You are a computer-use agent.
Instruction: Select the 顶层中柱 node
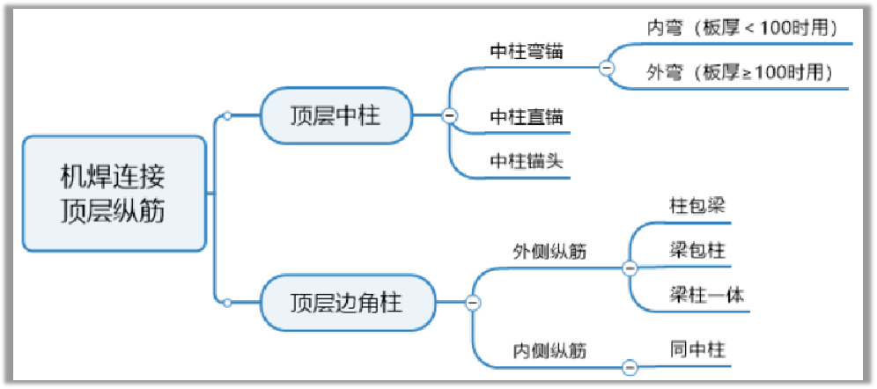(x=335, y=115)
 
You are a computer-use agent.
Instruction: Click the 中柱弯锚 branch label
(x=527, y=51)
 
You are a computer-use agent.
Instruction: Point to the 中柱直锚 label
(x=527, y=116)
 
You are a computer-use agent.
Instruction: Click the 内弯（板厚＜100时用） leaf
(x=740, y=27)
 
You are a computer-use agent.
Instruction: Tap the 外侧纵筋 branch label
(x=551, y=252)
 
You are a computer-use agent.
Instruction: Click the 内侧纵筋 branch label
(x=551, y=350)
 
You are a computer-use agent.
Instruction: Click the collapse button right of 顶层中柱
(x=448, y=115)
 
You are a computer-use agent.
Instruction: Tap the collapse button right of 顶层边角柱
(x=472, y=304)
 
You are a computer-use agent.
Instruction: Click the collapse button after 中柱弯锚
(x=606, y=67)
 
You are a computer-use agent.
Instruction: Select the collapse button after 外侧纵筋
(x=630, y=268)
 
